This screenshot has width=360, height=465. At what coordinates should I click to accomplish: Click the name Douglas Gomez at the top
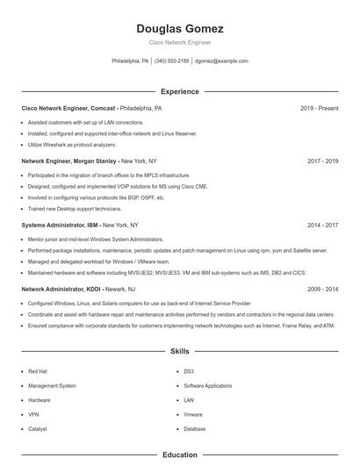[x=180, y=28]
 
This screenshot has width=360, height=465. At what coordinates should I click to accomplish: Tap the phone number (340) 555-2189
[x=171, y=61]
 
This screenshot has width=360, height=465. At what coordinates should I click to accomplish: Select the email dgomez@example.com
[x=221, y=61]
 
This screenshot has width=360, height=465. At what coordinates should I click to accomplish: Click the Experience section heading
[x=180, y=91]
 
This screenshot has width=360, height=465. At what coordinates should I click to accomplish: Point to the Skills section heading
[x=180, y=351]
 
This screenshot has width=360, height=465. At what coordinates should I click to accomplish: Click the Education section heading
[x=180, y=455]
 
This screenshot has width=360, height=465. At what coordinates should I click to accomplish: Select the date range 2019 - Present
[x=320, y=108]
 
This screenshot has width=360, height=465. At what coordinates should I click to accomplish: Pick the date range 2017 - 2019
[x=323, y=161]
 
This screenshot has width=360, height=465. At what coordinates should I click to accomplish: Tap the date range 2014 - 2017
[x=323, y=225]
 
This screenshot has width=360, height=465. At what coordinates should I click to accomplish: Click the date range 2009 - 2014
[x=323, y=289]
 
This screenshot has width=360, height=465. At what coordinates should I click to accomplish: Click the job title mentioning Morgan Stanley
[x=69, y=161]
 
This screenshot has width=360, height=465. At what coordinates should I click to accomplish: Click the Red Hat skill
[x=37, y=371]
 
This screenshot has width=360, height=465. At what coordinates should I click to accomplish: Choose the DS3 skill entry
[x=188, y=371]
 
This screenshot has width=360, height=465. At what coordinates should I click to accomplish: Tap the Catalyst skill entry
[x=38, y=429]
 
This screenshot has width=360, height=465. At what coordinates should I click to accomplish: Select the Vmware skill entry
[x=193, y=414]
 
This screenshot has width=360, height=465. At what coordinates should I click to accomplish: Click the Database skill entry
[x=195, y=429]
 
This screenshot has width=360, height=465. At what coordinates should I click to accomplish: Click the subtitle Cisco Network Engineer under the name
[x=180, y=42]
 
